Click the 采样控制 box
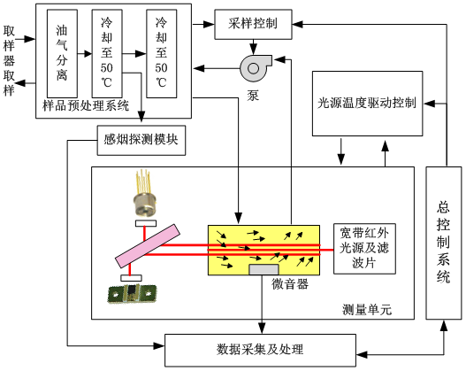pyautogui.click(x=253, y=25)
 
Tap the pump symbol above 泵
pyautogui.click(x=255, y=68)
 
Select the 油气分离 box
pyautogui.click(x=62, y=53)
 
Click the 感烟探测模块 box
pyautogui.click(x=141, y=140)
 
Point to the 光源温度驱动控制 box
pyautogui.click(x=367, y=104)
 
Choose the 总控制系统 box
pyautogui.click(x=444, y=243)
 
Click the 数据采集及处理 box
pyautogui.click(x=260, y=350)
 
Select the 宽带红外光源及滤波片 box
pyautogui.click(x=364, y=249)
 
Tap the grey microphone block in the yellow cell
pyautogui.click(x=264, y=269)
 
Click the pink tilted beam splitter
pyautogui.click(x=148, y=246)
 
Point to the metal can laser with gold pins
pyautogui.click(x=145, y=193)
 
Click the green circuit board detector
pyautogui.click(x=132, y=294)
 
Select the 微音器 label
pyautogui.click(x=290, y=284)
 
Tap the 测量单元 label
pyautogui.click(x=367, y=310)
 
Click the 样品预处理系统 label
pyautogui.click(x=86, y=105)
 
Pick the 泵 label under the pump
pyautogui.click(x=253, y=96)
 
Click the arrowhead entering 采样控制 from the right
pyautogui.click(x=297, y=25)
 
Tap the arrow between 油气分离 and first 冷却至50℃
pyautogui.click(x=85, y=54)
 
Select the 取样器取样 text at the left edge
pyautogui.click(x=9, y=61)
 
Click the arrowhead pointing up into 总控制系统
pyautogui.click(x=444, y=325)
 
